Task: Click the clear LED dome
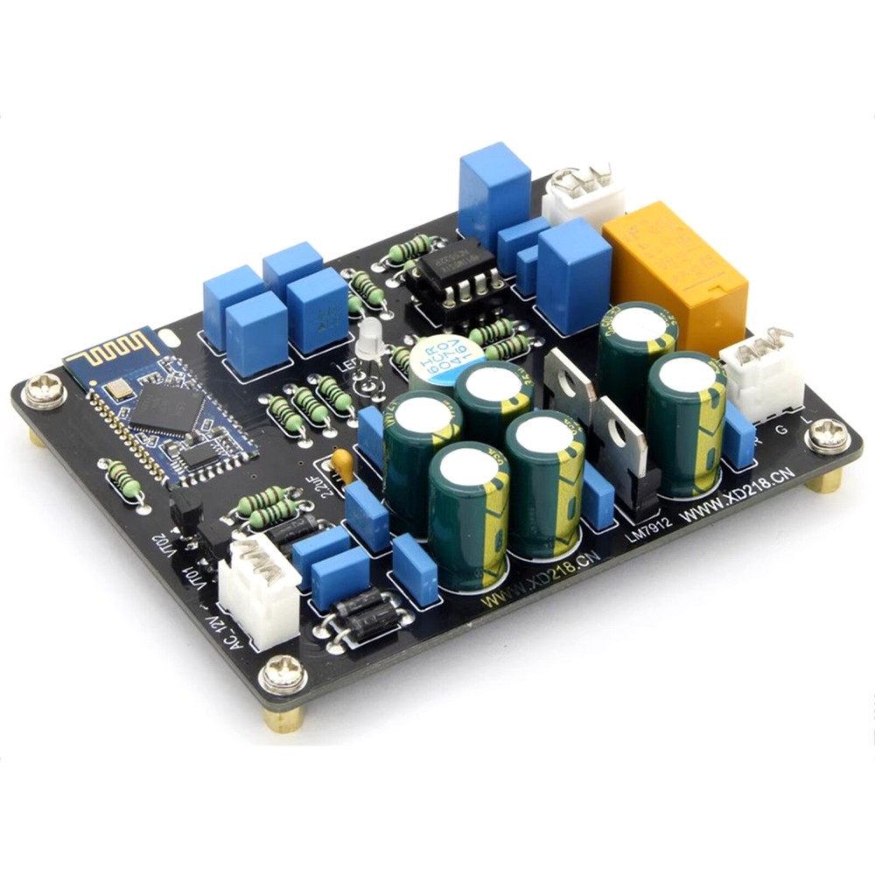[x=370, y=338]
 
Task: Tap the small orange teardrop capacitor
[x=343, y=464]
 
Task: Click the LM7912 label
[x=648, y=524]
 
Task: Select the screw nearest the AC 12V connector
[x=283, y=675]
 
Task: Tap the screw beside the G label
[x=827, y=435]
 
